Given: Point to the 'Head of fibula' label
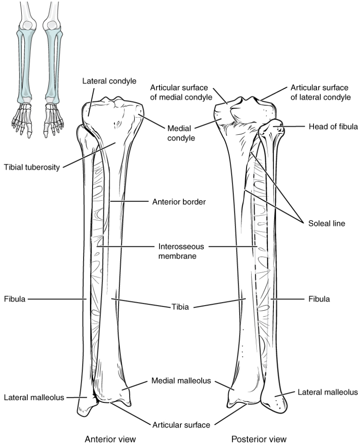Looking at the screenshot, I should pos(333,127).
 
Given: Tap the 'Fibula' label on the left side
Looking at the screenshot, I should pos(14,299).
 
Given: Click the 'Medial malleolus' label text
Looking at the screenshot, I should pos(181,380).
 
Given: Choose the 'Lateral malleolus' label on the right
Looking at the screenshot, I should pos(327,392).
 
